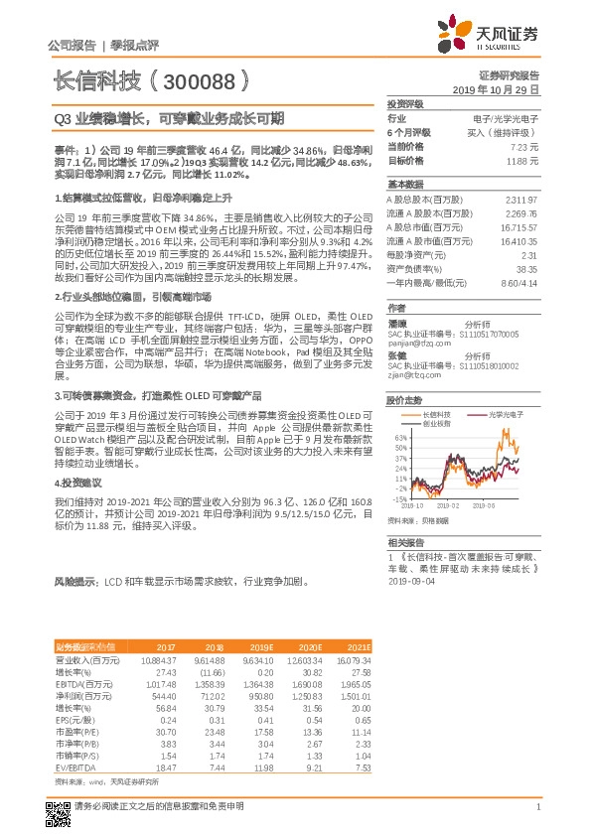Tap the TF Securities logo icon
455,33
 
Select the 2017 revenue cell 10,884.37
159,631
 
